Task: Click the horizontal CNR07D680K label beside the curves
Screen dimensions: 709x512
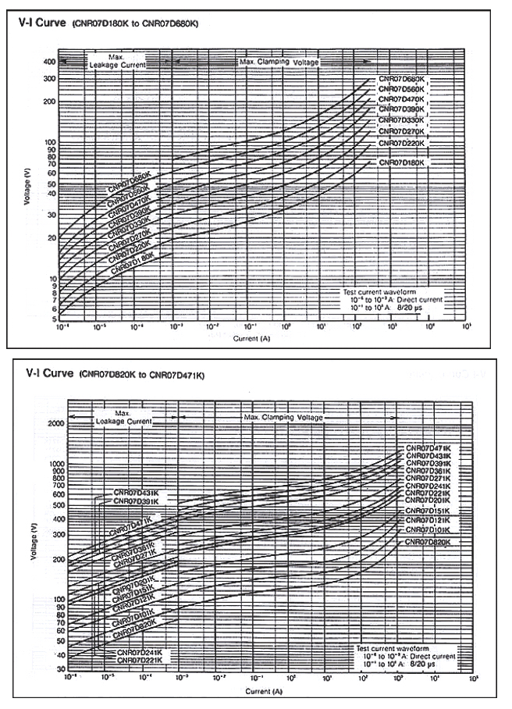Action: pyautogui.click(x=402, y=80)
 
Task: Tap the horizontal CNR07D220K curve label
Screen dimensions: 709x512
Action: pyautogui.click(x=402, y=144)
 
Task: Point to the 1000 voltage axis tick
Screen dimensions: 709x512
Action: pyautogui.click(x=56, y=464)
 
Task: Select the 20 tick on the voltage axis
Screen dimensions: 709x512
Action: pyautogui.click(x=50, y=237)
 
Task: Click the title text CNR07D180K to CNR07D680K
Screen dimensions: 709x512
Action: pyautogui.click(x=136, y=24)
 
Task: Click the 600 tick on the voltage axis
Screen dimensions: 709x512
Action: pyautogui.click(x=58, y=494)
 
